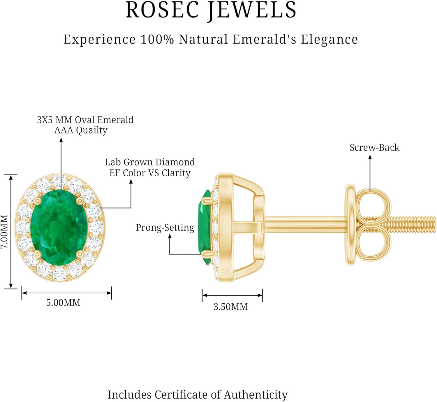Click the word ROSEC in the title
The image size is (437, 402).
point(163,10)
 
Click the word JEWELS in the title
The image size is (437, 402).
point(252,10)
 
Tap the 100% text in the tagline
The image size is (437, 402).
point(157,40)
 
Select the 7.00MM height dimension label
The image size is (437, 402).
point(4,232)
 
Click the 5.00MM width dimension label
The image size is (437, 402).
point(63,303)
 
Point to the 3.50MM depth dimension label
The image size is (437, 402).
point(230,307)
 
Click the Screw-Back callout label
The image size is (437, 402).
point(374,148)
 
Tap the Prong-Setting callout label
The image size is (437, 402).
point(165,228)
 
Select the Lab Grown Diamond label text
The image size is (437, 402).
point(150,162)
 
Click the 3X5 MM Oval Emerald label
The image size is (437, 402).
point(85,120)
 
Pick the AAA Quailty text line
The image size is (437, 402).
point(81,130)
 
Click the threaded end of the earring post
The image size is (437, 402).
point(414,225)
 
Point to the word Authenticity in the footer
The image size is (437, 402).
point(255,395)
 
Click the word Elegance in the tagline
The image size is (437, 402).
point(329,40)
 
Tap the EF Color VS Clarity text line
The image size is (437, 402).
point(150,173)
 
